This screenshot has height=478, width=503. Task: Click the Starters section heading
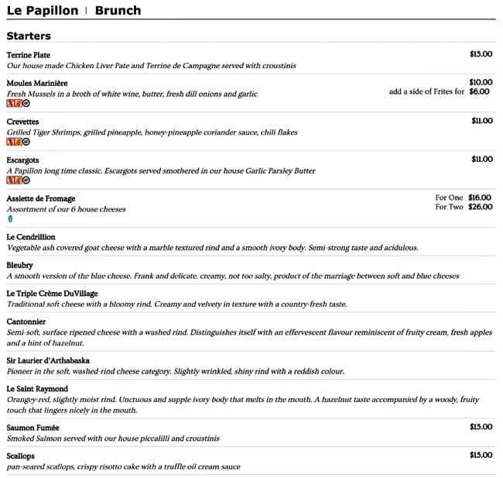pos(29,36)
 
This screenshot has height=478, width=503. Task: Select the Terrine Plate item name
pos(28,55)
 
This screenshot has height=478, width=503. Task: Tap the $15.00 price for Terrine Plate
pos(481,54)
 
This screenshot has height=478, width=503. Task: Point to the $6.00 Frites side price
pos(480,91)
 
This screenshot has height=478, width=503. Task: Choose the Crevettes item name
pos(22,122)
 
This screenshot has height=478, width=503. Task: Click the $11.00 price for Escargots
pos(481,159)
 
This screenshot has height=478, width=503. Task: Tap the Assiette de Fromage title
pos(41,198)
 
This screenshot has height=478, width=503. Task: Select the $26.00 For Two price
pos(480,207)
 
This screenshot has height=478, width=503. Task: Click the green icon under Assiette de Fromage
pos(10,219)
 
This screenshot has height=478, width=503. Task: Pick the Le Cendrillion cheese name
pos(31,237)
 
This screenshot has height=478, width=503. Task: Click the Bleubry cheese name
pos(20,265)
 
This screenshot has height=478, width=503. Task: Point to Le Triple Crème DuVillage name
pos(52,294)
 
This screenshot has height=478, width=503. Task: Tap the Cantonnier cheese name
pos(26,322)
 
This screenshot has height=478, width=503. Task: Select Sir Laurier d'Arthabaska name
pos(48,360)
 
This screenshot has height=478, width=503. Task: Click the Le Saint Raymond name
pos(37,388)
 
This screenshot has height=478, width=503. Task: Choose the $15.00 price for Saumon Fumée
pos(481,427)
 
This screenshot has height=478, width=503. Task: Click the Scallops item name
pos(21,456)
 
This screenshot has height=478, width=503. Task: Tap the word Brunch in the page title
pos(118,11)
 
